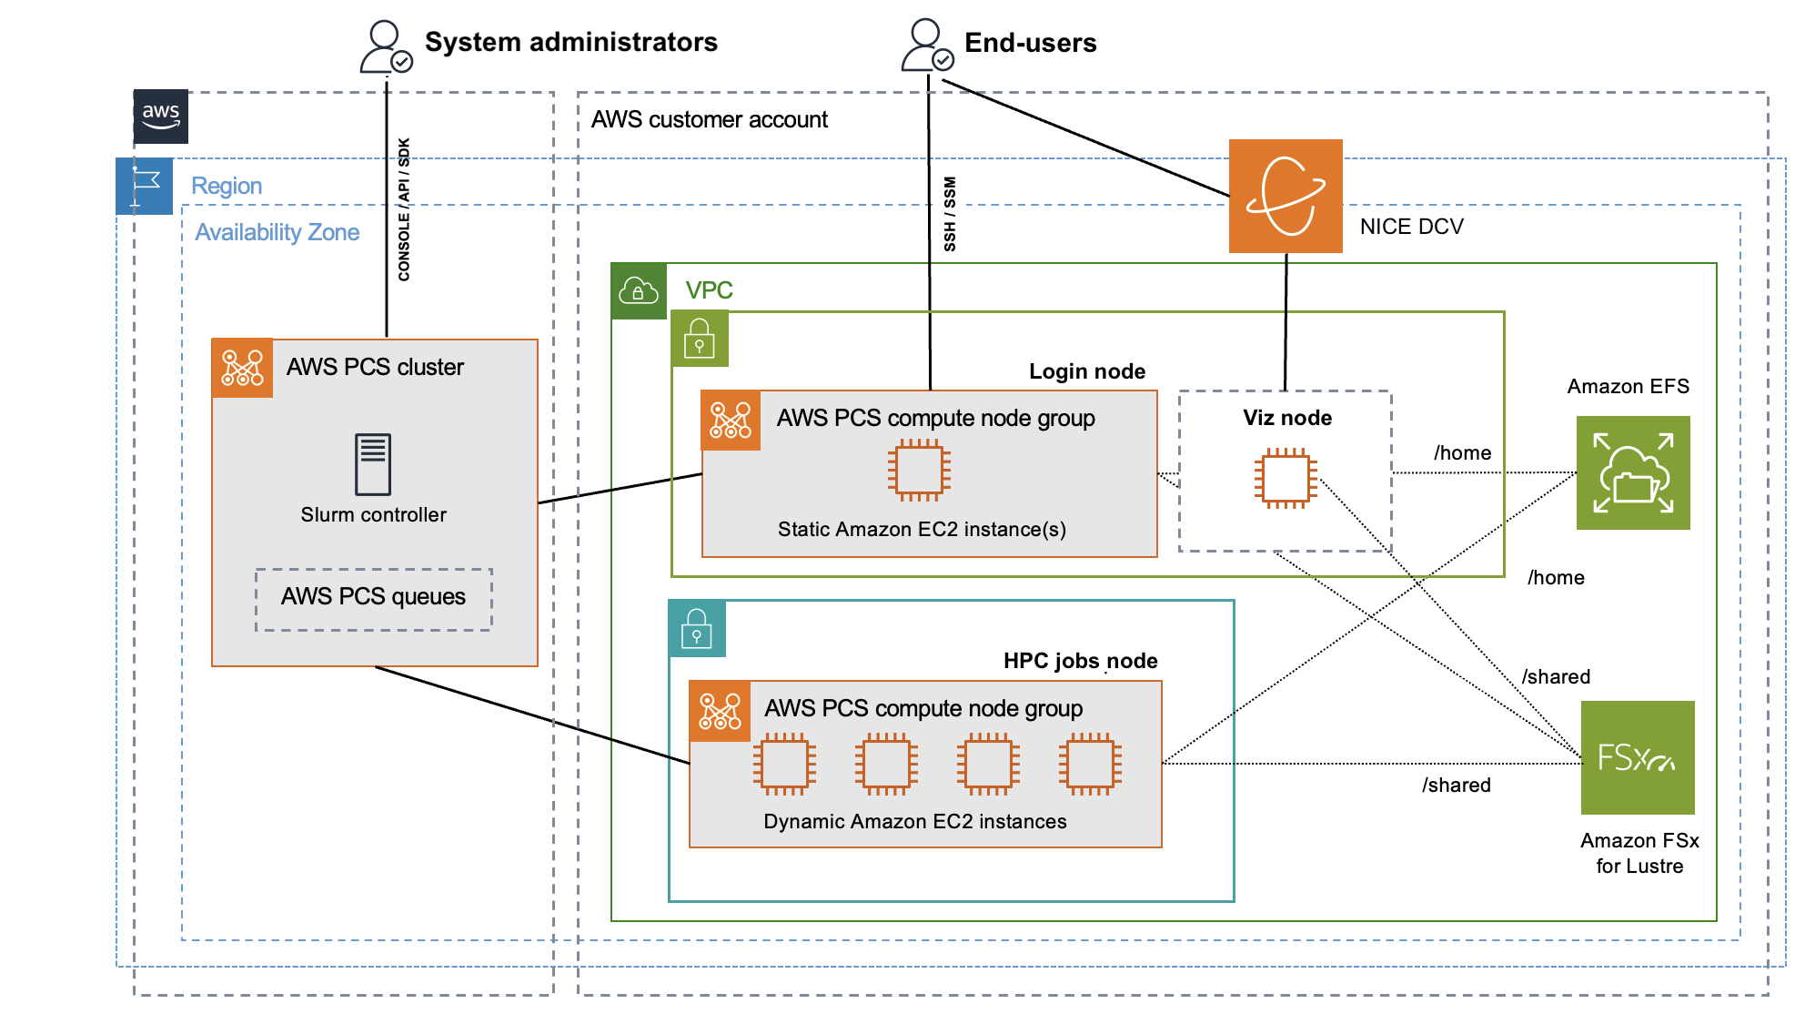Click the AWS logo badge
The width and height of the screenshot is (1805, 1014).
161,116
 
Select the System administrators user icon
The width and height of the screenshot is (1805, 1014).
386,47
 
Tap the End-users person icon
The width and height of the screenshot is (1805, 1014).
926,46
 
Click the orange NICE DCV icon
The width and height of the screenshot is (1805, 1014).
1285,196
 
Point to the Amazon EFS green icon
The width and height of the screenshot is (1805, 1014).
1632,472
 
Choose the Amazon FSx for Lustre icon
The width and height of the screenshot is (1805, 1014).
1637,757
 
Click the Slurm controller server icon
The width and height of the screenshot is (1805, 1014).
373,464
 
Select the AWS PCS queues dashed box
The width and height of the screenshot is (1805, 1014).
373,599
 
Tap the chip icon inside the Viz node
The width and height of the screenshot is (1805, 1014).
1285,478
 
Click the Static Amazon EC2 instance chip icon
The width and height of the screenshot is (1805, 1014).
919,470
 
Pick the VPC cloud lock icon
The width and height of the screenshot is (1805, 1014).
639,291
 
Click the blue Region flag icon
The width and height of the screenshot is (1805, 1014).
145,186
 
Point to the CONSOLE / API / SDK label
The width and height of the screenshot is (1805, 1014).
404,209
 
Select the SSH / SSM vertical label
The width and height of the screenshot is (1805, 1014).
950,214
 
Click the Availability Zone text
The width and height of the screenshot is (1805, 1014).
277,233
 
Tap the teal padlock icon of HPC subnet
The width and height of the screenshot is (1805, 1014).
697,628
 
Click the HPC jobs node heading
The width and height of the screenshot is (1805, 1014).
1080,661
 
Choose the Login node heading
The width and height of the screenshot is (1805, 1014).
1086,371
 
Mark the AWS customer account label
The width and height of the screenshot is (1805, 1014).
709,120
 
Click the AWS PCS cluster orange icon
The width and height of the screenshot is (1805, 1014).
242,368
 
